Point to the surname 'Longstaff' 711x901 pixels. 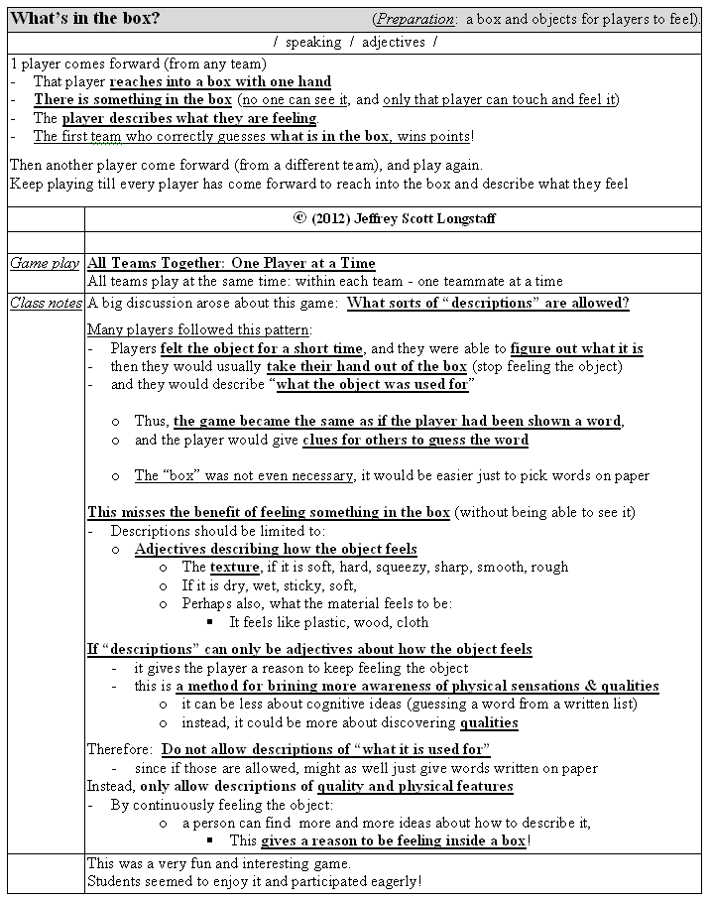(465, 218)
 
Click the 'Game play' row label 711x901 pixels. (45, 263)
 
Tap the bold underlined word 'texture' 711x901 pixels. (234, 568)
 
